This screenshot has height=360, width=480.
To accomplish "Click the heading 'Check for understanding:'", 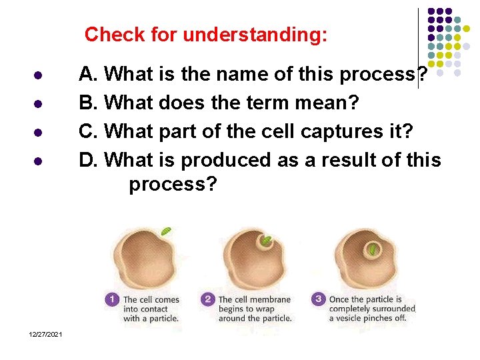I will [x=206, y=34].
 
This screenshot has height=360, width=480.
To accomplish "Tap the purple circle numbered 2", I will [x=208, y=299].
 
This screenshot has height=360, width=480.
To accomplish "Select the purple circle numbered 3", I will [x=319, y=299].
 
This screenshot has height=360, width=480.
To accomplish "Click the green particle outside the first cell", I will [x=166, y=231].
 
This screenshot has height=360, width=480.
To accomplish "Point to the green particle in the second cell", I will [x=266, y=241].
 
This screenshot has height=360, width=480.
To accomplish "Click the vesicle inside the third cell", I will [x=371, y=250].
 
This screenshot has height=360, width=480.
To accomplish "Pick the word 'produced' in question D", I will [x=229, y=159].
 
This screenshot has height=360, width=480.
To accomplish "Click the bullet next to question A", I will [x=39, y=75].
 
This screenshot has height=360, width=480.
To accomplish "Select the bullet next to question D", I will [x=39, y=161].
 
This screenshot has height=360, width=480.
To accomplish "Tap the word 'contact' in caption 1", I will [x=159, y=309].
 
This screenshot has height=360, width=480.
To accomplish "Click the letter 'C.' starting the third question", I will [x=89, y=131].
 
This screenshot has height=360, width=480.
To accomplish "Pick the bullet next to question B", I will [x=39, y=103].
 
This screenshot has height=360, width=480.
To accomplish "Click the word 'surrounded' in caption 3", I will [x=393, y=309].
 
